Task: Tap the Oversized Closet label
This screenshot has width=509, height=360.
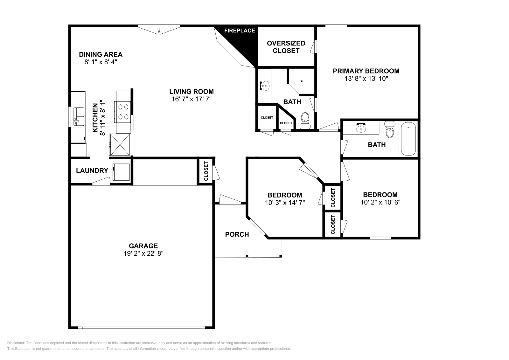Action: click(x=286, y=47)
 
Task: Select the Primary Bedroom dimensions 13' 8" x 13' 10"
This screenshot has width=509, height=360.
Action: click(x=366, y=79)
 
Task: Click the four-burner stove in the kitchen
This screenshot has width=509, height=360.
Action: click(x=123, y=112)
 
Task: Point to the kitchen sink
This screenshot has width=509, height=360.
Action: click(x=78, y=116)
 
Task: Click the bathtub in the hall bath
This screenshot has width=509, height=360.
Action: click(x=408, y=139)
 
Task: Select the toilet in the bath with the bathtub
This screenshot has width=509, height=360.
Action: click(x=389, y=130)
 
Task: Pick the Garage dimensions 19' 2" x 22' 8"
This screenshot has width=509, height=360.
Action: click(x=143, y=253)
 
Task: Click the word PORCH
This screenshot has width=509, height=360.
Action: click(x=237, y=234)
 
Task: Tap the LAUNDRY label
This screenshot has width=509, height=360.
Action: click(x=92, y=170)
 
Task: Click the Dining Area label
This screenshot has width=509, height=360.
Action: click(x=101, y=54)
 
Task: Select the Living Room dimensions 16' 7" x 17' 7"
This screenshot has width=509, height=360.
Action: click(x=191, y=99)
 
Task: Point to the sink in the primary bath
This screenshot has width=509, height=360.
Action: click(x=264, y=86)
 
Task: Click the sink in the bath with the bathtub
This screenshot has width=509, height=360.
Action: click(x=361, y=128)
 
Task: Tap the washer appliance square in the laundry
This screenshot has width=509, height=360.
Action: click(x=121, y=172)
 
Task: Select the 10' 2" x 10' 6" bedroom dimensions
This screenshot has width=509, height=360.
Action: click(x=380, y=202)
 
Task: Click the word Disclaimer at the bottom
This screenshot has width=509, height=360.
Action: click(x=16, y=343)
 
